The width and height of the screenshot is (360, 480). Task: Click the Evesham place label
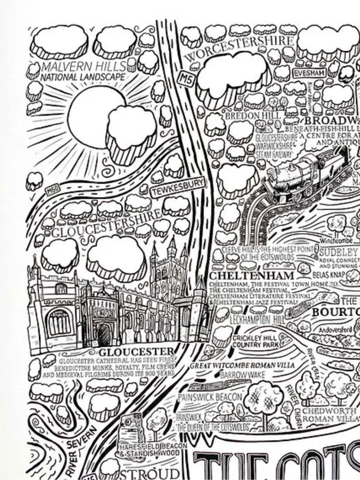click(x=309, y=73)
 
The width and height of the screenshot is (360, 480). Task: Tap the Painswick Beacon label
click(x=209, y=397)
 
